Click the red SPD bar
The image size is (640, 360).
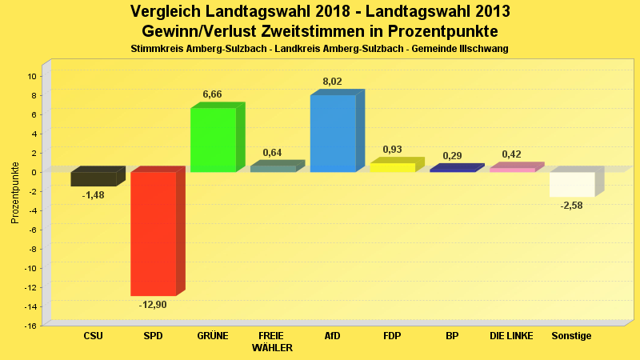click(x=153, y=234)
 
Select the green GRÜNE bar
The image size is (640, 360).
click(x=213, y=139)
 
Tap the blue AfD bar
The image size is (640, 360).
click(x=333, y=133)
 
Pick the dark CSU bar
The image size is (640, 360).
click(x=94, y=178)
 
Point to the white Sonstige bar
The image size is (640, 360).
click(x=572, y=184)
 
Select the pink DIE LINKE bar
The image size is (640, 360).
click(x=512, y=169)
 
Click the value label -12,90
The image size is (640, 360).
click(x=153, y=305)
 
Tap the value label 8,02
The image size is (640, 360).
click(x=333, y=81)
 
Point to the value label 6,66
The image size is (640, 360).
click(x=213, y=94)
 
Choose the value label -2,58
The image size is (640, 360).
click(x=572, y=206)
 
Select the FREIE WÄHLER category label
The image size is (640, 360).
click(x=272, y=342)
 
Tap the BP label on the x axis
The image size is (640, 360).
click(x=452, y=336)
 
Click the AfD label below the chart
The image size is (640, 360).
click(x=332, y=336)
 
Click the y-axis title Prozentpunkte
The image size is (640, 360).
click(x=15, y=192)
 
